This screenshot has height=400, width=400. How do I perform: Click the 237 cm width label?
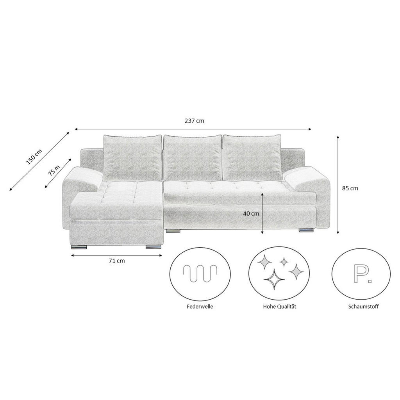click(x=195, y=121)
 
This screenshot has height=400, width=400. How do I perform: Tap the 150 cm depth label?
click(x=34, y=157)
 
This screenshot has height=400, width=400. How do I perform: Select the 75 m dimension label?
click(x=54, y=170)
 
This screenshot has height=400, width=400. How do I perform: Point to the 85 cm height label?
click(x=350, y=188)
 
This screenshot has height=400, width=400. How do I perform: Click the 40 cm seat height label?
click(x=251, y=213)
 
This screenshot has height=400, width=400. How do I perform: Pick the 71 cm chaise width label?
click(x=117, y=261)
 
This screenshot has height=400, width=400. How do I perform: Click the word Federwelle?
click(x=200, y=307)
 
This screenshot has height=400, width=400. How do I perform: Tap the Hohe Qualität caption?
click(x=280, y=307)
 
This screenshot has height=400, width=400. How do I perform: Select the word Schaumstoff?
click(x=363, y=307)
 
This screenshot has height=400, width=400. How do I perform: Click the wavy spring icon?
click(x=200, y=273)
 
